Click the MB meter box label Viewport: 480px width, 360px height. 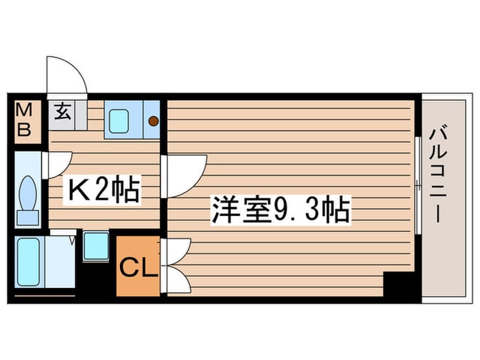(x=24, y=121)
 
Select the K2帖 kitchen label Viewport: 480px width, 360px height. (x=103, y=191)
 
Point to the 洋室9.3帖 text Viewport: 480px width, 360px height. (x=281, y=210)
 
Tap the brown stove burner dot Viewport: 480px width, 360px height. (x=154, y=121)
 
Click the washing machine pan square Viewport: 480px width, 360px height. (x=95, y=246)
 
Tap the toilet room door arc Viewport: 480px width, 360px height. (x=58, y=165)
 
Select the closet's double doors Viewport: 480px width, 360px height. (x=177, y=266)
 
